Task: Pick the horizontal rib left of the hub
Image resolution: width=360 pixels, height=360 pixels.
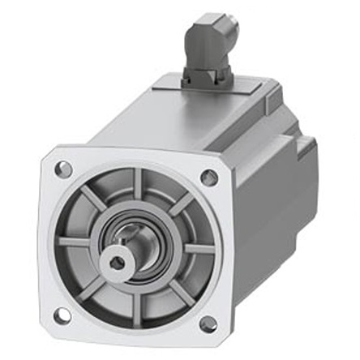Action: tap(81, 241)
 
